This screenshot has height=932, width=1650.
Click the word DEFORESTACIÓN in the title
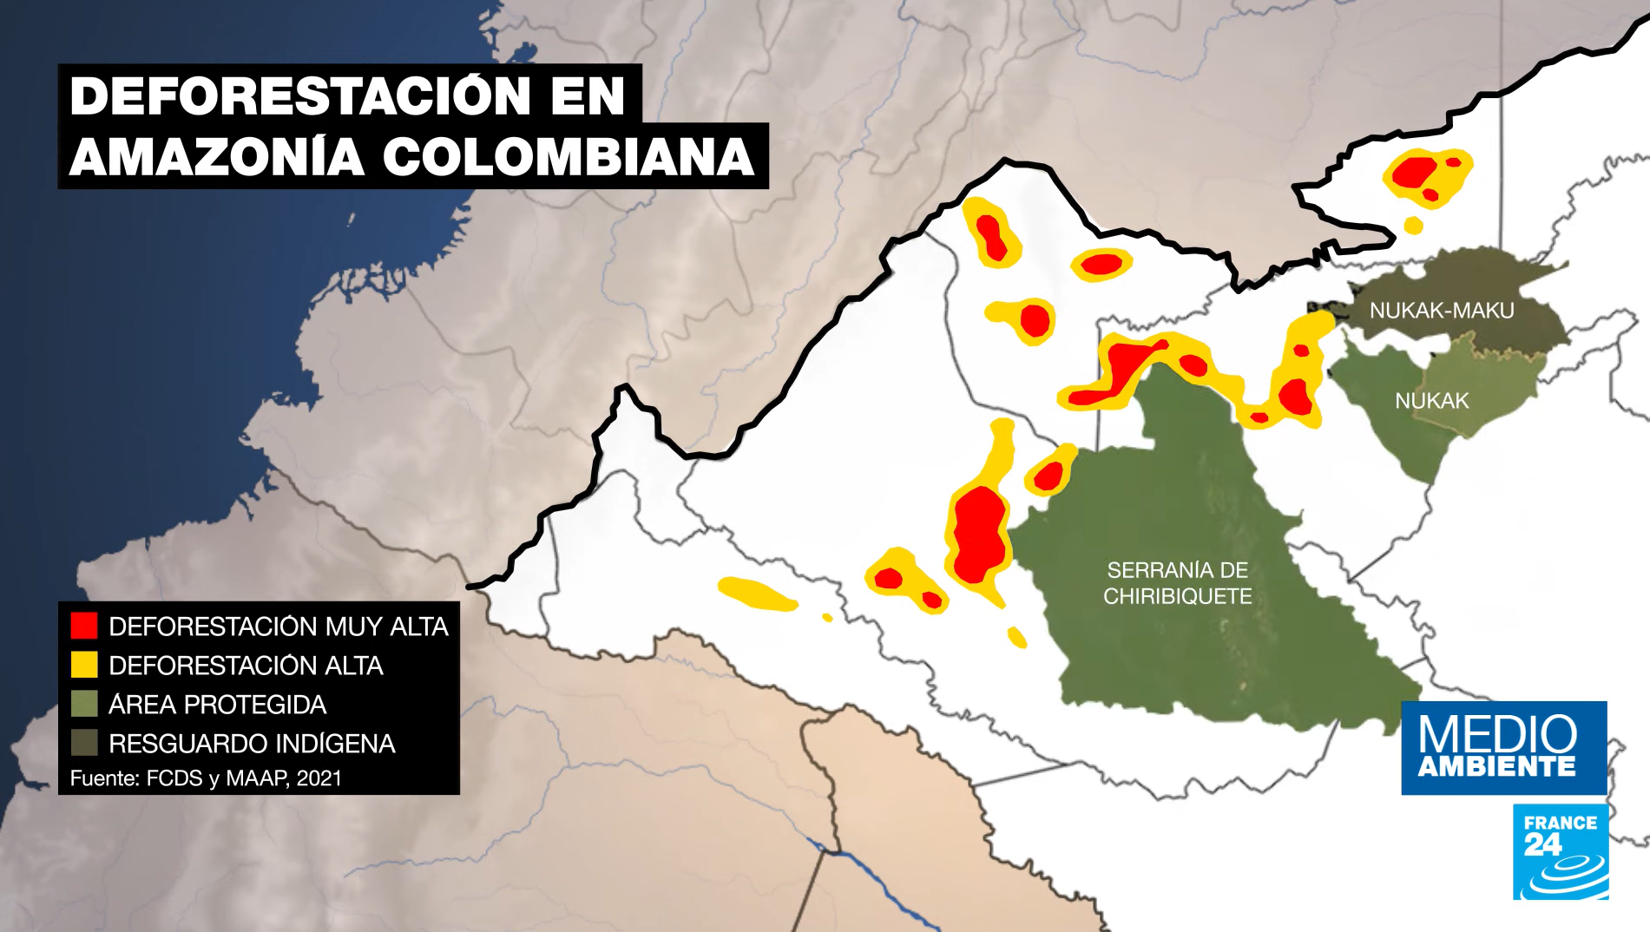(299, 95)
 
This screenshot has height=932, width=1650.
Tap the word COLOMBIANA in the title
(568, 157)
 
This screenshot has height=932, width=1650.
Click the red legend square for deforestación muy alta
(84, 626)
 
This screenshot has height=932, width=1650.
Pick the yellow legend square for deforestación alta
(84, 665)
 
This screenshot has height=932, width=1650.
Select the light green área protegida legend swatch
(84, 704)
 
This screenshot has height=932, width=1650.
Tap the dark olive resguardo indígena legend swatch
(84, 743)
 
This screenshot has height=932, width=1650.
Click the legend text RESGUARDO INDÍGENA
(252, 744)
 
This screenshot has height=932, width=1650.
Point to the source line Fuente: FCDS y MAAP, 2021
(206, 778)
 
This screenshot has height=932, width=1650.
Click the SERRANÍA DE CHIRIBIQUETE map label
(1177, 583)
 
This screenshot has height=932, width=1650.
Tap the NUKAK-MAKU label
(1442, 310)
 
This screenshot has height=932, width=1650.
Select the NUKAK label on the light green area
(1431, 401)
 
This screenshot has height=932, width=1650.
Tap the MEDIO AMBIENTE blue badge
(1503, 747)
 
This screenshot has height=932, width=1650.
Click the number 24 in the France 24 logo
(1542, 844)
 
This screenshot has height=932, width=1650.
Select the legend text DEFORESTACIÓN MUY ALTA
(278, 627)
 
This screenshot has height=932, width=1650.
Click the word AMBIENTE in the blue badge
(1496, 767)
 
